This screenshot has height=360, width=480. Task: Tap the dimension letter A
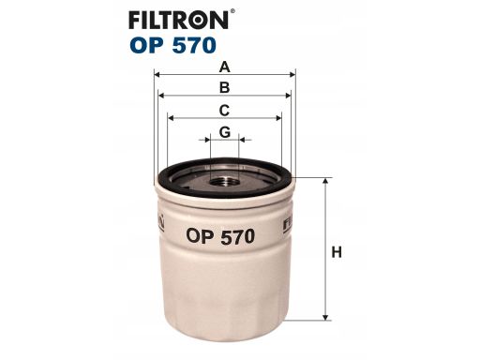(224, 67)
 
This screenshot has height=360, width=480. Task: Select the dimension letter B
(224, 88)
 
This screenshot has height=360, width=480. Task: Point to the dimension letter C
(224, 111)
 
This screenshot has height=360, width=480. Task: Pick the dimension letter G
(224, 132)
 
